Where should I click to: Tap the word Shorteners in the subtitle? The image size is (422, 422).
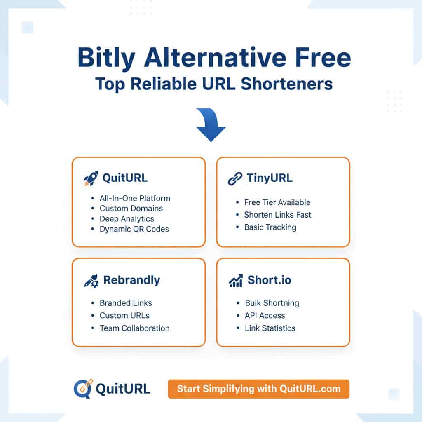[286, 84]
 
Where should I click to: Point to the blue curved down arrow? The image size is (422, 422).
[211, 124]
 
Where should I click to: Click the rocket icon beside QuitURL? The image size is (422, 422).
[91, 178]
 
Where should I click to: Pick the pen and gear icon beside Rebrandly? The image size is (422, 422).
[91, 281]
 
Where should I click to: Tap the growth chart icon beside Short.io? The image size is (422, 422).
[236, 281]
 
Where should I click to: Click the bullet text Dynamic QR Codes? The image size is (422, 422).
[134, 229]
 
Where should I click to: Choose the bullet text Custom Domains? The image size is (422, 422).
[131, 209]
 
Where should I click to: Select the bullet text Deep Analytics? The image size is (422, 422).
[127, 219]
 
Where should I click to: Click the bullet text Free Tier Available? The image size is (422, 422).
[277, 202]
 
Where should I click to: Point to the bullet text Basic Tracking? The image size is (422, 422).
[270, 227]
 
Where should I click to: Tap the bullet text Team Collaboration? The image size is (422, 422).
[134, 328]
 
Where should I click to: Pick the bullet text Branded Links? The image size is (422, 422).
[126, 303]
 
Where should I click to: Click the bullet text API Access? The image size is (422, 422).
[265, 316]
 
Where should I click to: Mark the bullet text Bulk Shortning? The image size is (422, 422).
[272, 303]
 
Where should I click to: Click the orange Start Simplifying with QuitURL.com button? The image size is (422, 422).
[258, 389]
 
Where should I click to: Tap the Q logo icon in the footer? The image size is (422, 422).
[83, 389]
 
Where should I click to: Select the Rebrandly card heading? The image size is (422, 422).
[131, 280]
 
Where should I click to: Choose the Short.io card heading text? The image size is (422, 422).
[269, 280]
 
